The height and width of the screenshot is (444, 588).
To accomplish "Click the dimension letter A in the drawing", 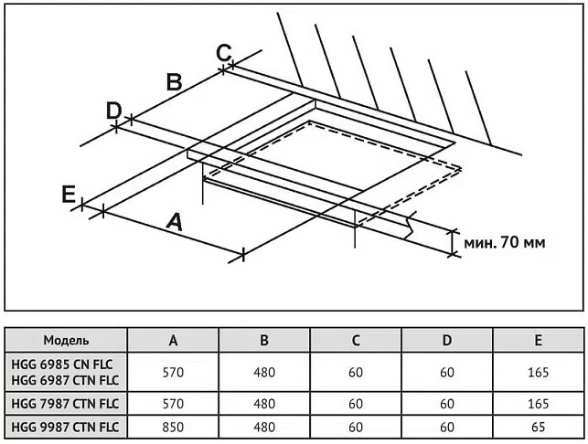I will [174, 220].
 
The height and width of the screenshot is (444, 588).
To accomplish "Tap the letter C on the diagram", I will [224, 52].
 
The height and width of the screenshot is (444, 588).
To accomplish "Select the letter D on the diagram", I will [113, 111].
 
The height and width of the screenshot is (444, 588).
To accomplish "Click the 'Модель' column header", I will [66, 341].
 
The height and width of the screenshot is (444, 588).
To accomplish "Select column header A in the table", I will [173, 341].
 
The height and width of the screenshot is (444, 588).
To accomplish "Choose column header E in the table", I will [539, 341].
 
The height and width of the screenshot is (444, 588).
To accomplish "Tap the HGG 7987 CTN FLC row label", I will [66, 403].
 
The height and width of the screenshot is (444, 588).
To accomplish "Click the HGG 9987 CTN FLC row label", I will [66, 426].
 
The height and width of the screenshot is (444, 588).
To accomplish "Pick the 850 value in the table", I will [173, 426].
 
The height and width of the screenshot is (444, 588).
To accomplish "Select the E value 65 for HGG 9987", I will [539, 426].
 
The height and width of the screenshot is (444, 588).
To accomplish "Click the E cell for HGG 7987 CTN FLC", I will [539, 403].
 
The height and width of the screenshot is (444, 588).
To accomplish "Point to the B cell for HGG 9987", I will [264, 426].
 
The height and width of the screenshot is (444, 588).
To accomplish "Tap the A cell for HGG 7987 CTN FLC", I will [173, 403].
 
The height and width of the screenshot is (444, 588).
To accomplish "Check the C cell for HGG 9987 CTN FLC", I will [356, 426].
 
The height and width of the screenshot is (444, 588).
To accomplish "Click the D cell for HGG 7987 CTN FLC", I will [447, 403].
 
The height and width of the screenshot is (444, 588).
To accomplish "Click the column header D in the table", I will [447, 341].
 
